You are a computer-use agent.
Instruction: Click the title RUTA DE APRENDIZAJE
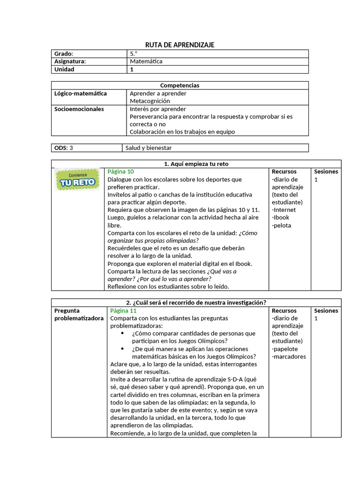pos(180,45)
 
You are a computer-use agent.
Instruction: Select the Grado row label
pos(64,53)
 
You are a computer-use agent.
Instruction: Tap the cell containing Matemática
pos(146,61)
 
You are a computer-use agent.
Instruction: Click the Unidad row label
pos(65,69)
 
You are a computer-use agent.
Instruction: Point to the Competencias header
pos(180,85)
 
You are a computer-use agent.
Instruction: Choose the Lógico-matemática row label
pos(81,93)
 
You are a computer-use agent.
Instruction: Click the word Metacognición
pos(150,101)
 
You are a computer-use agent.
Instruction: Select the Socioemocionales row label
pos(79,109)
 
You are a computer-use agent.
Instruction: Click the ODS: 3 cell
pos(64,148)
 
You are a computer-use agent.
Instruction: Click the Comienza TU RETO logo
pos(77,179)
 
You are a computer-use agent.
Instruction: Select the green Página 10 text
pos(121,172)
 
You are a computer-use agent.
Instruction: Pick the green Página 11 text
pos(123,310)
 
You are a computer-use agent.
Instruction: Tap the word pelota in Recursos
pos(282,225)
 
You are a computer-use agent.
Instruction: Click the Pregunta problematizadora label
pos(79,314)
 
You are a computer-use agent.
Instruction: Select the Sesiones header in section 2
pos(326,310)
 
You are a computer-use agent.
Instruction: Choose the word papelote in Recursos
pos(285,349)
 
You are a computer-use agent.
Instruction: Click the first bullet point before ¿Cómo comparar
pos(122,333)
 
